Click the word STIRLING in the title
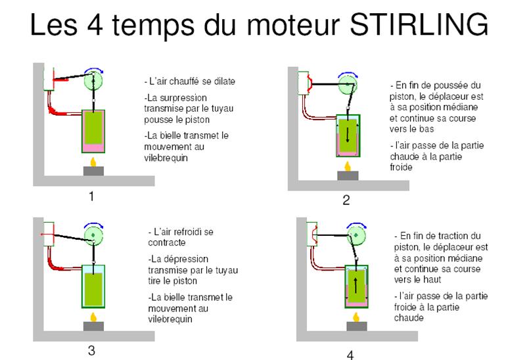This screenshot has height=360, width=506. point(419,24)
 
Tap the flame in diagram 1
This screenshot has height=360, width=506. point(93,162)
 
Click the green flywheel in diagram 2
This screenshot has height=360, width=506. point(347,85)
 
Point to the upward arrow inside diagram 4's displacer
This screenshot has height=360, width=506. point(356,285)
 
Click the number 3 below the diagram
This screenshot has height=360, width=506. point(91,350)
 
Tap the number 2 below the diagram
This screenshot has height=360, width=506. point(346,200)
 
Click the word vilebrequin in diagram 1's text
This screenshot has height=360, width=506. point(166,158)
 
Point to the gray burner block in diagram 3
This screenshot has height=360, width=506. point(93,326)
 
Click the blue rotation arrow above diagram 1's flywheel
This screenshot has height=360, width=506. point(94,71)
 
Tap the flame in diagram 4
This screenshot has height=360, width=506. point(356,317)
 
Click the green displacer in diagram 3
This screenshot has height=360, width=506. point(93,288)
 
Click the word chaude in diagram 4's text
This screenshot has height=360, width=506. point(409,318)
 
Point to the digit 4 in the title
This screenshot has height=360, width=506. point(95,25)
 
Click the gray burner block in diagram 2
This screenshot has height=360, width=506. point(348,175)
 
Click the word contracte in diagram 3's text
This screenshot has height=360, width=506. point(167,242)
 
